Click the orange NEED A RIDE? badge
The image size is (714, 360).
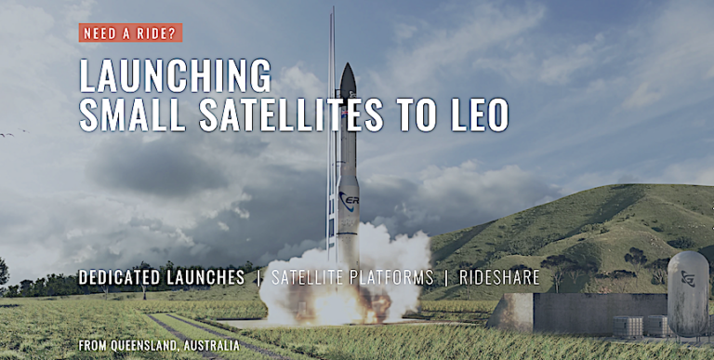coord(130,33)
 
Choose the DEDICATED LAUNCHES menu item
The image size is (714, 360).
coord(162,277)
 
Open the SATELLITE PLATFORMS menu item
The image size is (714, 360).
coord(354,277)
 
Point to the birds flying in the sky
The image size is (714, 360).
coord(7,134)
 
